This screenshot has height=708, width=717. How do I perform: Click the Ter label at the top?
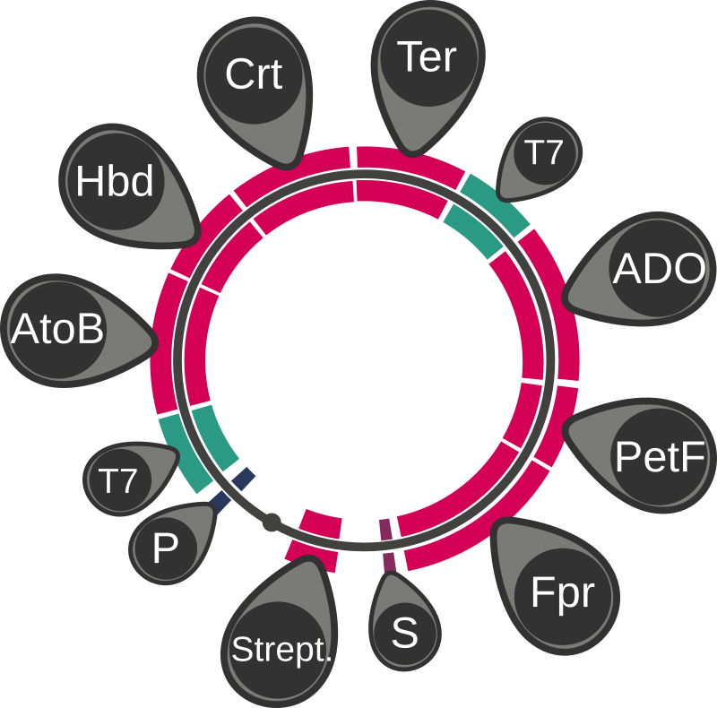pos(427,57)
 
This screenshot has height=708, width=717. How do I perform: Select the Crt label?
pos(254,74)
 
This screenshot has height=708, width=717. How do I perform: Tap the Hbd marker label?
pos(115,181)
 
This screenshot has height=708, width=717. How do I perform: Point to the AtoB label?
pos(57,331)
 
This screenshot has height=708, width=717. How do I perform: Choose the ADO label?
pos(659,269)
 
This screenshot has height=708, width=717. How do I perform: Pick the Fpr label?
pos(562,594)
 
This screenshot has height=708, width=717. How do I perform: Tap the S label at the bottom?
pos(405,633)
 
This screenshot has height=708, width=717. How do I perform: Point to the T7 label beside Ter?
pos(541,153)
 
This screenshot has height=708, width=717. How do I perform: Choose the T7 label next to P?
pos(118,481)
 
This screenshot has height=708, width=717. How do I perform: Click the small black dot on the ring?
pos(270,520)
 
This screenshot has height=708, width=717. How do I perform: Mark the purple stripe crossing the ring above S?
pos(387,543)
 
